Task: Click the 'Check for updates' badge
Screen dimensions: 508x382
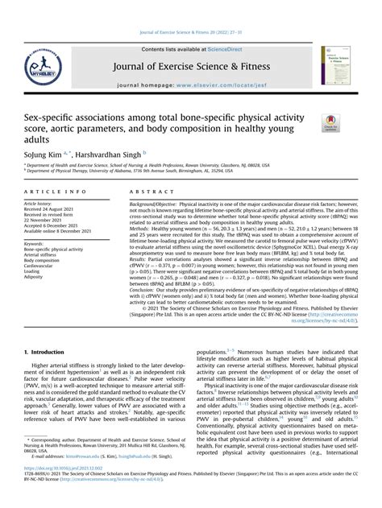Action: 330,124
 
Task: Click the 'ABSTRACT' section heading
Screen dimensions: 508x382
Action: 148,192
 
